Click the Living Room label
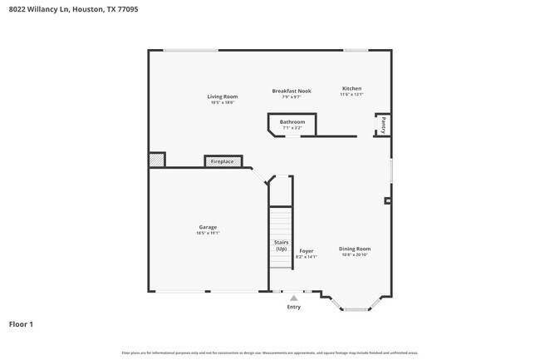tap(222, 96)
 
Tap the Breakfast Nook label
tap(292, 91)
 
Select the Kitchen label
tap(352, 88)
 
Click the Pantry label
tap(383, 125)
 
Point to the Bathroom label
tap(292, 122)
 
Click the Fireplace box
tap(223, 161)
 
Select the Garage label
tap(208, 227)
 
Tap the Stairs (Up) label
tap(281, 245)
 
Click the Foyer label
tap(307, 250)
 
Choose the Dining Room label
tap(355, 249)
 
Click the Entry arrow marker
tap(293, 298)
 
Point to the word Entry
tap(293, 307)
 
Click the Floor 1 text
tap(21, 324)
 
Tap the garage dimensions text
tap(208, 234)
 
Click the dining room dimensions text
tap(355, 255)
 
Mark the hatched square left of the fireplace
tap(156, 160)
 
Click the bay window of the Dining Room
tap(356, 309)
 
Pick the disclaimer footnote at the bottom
tap(270, 353)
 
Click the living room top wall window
tap(190, 50)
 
